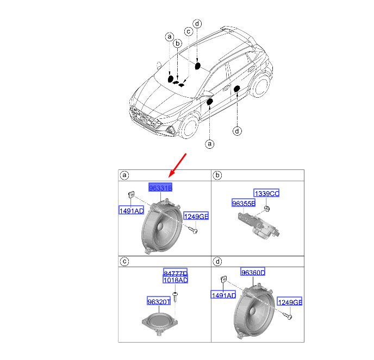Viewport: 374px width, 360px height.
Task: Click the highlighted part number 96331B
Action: [x=160, y=187]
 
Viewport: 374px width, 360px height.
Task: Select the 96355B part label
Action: [x=244, y=203]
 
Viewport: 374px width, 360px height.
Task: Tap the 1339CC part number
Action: [x=266, y=193]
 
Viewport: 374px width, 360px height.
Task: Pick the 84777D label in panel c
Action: [x=175, y=272]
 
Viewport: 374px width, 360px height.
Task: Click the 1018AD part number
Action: [x=175, y=280]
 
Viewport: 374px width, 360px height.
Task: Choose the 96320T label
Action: [x=159, y=301]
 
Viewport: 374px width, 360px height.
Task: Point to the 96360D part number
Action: [x=253, y=272]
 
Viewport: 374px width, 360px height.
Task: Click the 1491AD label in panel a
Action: [x=131, y=210]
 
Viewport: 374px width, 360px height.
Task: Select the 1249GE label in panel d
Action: [x=290, y=301]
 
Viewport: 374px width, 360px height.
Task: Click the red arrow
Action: [x=177, y=166]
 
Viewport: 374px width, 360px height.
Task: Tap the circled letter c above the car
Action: [x=189, y=31]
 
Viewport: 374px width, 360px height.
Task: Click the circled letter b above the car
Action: [x=177, y=43]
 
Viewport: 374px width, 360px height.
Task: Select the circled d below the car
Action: [x=237, y=131]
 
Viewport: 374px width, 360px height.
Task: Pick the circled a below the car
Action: [x=209, y=144]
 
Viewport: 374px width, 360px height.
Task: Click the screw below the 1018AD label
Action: [x=175, y=296]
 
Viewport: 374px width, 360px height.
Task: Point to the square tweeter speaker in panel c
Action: [x=160, y=323]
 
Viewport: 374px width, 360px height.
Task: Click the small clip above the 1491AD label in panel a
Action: [x=131, y=194]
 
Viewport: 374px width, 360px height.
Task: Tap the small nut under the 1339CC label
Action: [x=267, y=209]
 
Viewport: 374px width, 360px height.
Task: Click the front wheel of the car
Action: [x=189, y=127]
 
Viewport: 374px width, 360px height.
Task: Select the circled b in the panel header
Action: [x=217, y=175]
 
